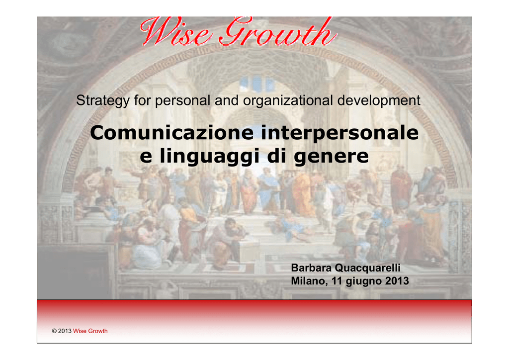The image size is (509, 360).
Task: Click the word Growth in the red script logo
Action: click(277, 31)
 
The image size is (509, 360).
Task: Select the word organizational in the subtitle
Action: click(288, 100)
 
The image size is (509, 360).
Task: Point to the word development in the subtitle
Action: click(379, 100)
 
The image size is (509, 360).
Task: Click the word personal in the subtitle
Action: click(182, 100)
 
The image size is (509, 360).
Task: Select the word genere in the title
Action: click(331, 157)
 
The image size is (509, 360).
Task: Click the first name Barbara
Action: click(311, 268)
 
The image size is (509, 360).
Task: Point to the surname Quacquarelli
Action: click(367, 268)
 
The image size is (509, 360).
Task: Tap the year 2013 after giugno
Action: click(397, 281)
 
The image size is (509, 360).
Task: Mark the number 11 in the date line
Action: click(337, 281)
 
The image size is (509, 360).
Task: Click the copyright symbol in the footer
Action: click(54, 331)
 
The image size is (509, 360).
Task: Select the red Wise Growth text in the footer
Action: click(90, 331)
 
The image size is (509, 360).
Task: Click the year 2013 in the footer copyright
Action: click(65, 331)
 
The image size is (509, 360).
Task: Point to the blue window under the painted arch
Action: click(256, 83)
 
